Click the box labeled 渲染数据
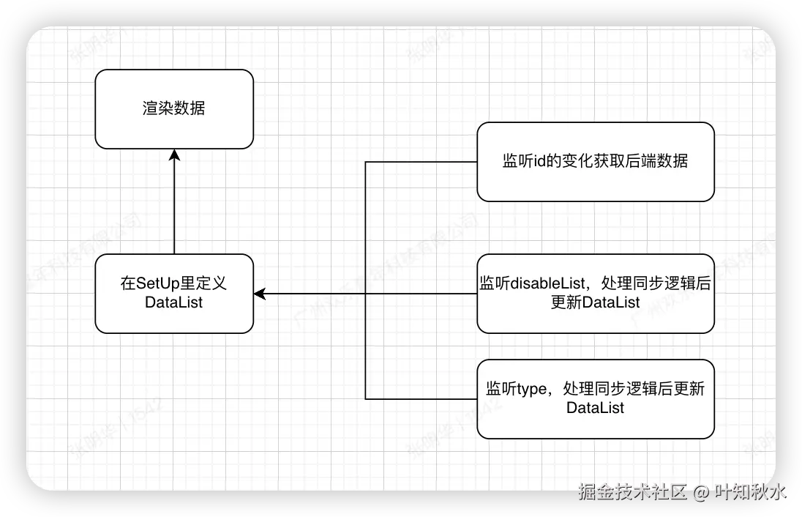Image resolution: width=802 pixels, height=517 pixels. (x=174, y=109)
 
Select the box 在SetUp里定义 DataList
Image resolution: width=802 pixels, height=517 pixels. (x=174, y=293)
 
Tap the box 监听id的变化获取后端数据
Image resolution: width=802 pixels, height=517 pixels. (x=595, y=162)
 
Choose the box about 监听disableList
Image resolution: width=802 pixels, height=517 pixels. (x=595, y=293)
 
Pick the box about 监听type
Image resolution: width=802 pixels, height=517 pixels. (x=595, y=398)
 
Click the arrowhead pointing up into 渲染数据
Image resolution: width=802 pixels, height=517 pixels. (x=174, y=155)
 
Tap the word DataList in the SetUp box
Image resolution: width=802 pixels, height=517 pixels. (x=174, y=302)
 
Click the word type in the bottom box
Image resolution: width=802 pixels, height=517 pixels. (x=532, y=390)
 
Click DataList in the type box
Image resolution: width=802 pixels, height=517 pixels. (x=595, y=408)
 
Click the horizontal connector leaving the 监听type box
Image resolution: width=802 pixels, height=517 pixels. (x=421, y=399)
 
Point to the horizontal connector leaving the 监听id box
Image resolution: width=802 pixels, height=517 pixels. (x=421, y=162)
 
